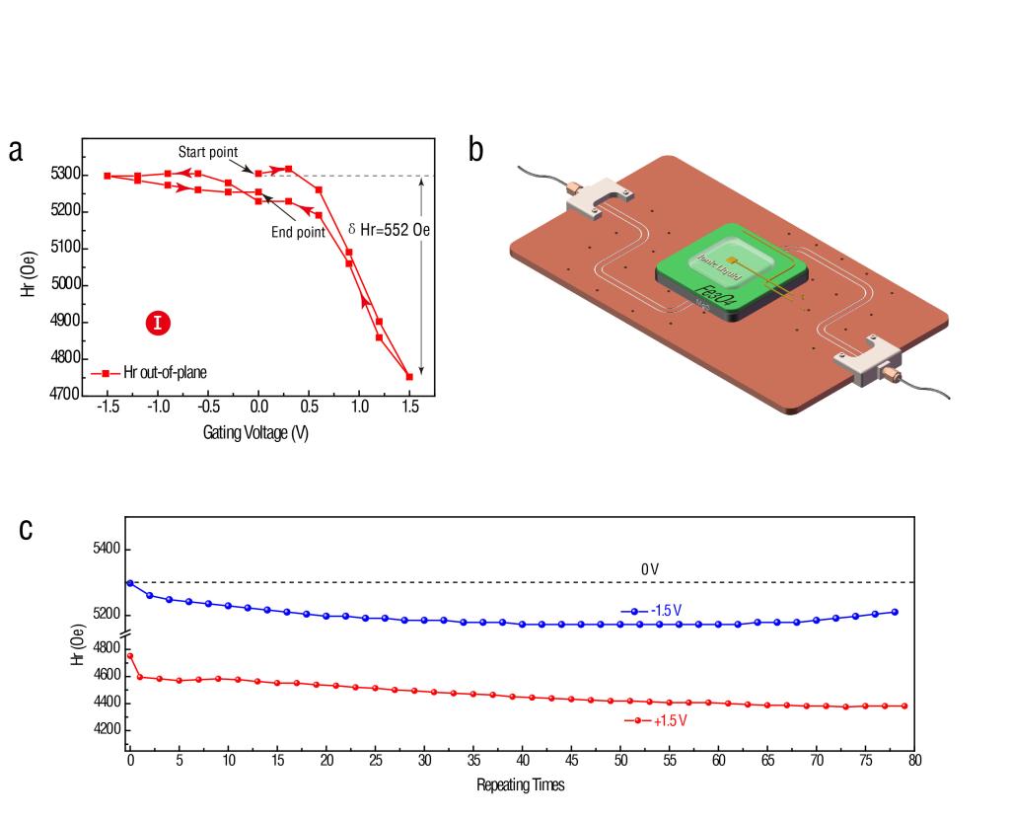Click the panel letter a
pyautogui.click(x=16, y=151)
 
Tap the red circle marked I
pyautogui.click(x=157, y=322)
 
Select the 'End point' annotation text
pyautogui.click(x=298, y=232)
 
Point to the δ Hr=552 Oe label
pyautogui.click(x=391, y=229)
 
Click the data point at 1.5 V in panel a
pyautogui.click(x=408, y=376)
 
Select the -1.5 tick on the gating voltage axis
pyautogui.click(x=106, y=406)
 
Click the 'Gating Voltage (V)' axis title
pyautogui.click(x=256, y=432)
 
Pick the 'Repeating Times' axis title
pyautogui.click(x=521, y=785)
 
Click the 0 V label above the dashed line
pyautogui.click(x=650, y=570)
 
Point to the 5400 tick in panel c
pyautogui.click(x=105, y=549)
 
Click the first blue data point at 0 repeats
pyautogui.click(x=130, y=583)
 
